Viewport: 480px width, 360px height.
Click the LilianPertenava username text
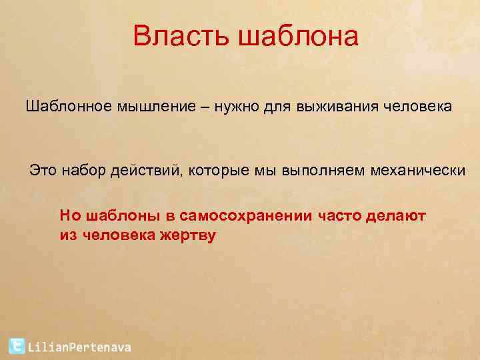(79, 347)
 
